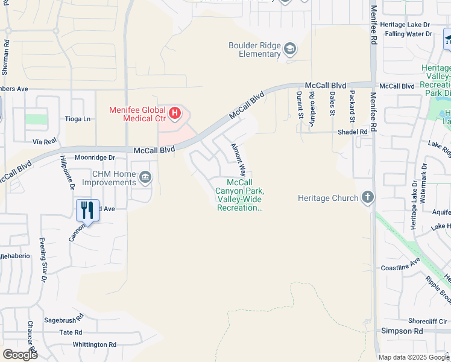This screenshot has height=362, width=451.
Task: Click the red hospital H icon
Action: [x=175, y=113]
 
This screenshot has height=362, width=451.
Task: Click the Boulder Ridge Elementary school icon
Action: [x=290, y=49]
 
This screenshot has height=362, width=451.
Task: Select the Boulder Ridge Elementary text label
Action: [x=254, y=49]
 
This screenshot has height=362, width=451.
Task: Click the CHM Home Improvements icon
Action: [x=145, y=177]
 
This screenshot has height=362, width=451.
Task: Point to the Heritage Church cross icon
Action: [x=367, y=197]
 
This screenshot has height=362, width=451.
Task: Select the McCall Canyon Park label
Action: [x=239, y=195]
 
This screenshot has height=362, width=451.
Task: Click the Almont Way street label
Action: [x=238, y=160]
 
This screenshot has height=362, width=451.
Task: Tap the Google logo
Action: [x=20, y=354]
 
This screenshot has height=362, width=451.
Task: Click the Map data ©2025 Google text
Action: [x=414, y=357]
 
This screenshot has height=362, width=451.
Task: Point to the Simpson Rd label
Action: [x=402, y=331]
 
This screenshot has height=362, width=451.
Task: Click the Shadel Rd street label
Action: [x=353, y=132]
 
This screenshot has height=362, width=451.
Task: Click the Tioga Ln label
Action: [x=78, y=119]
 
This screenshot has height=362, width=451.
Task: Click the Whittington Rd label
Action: [x=94, y=345]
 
